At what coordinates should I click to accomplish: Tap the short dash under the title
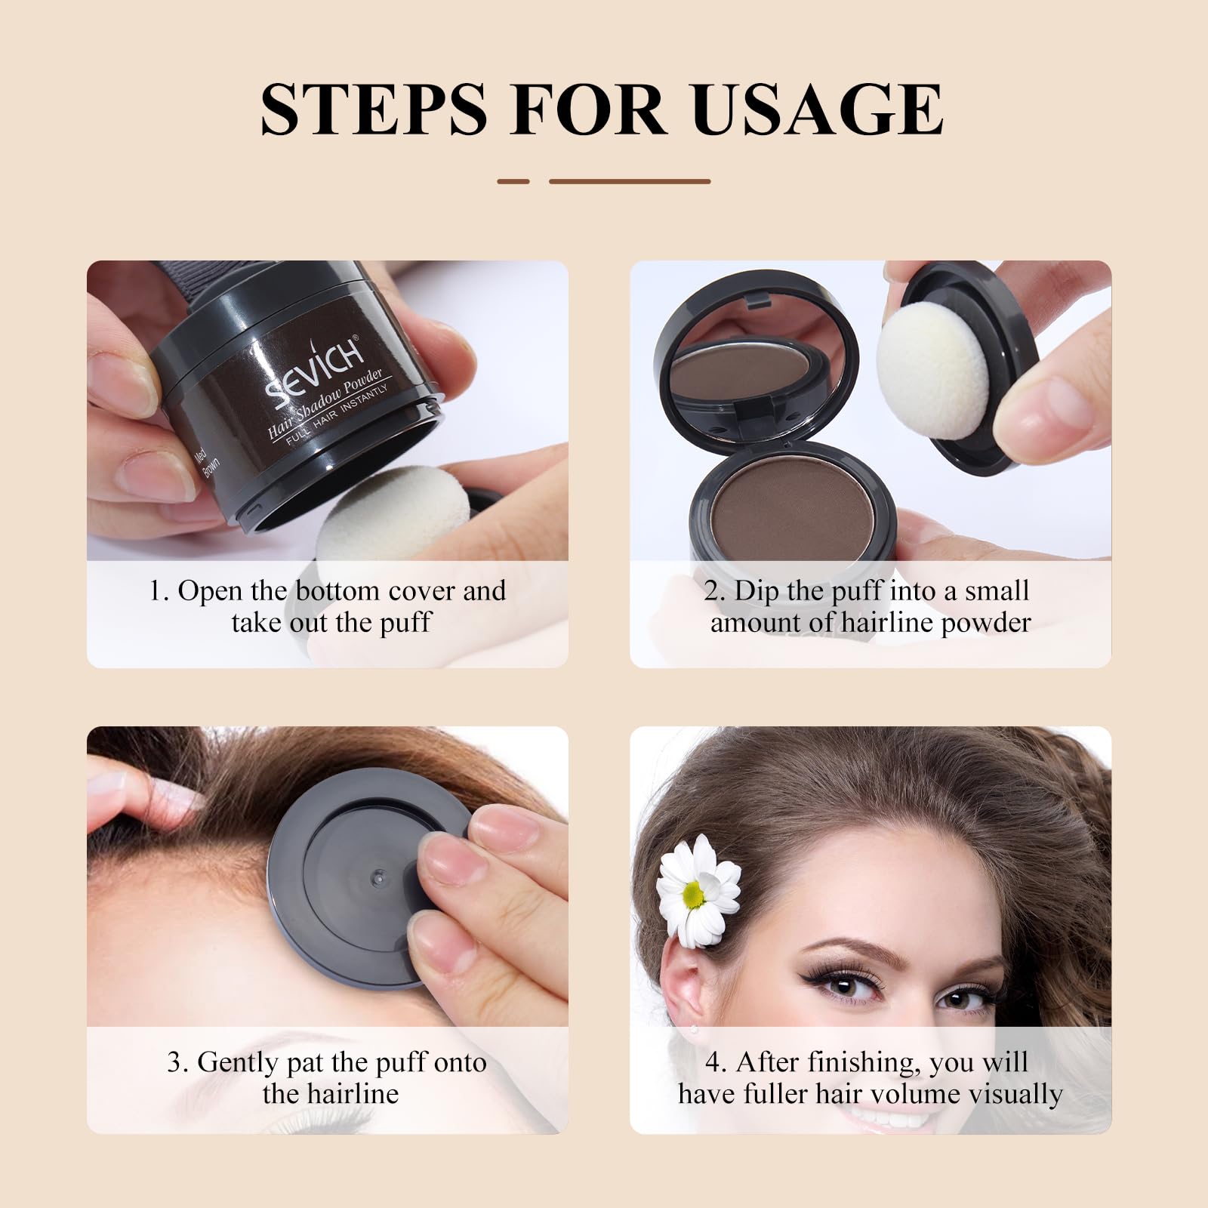click(513, 181)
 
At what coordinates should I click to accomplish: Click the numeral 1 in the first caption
click(156, 591)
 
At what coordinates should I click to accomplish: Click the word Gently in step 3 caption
click(238, 1063)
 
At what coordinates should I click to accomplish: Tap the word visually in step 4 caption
click(1018, 1094)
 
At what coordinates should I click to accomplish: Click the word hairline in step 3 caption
click(351, 1094)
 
